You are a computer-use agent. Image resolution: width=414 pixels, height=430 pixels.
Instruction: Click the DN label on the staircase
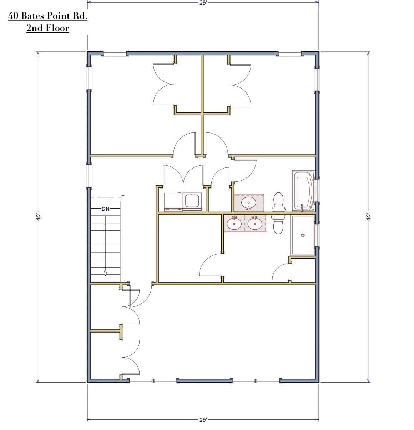click(x=106, y=209)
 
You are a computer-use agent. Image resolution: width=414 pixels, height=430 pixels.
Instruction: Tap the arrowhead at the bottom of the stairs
click(x=106, y=273)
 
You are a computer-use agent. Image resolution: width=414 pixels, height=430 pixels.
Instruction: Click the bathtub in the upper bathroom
click(x=303, y=191)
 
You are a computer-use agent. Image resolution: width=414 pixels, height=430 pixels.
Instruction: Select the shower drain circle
click(x=303, y=235)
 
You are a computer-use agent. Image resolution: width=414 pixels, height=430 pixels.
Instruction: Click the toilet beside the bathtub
click(x=278, y=202)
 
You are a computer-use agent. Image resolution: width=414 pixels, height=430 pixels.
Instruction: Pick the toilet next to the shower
click(x=278, y=224)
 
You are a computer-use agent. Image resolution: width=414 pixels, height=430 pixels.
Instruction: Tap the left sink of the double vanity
click(x=234, y=223)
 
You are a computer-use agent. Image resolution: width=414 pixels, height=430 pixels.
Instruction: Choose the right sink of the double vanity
click(x=255, y=223)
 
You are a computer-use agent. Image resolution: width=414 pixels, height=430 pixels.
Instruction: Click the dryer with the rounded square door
click(x=192, y=202)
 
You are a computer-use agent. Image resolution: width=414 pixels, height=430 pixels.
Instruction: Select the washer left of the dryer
click(x=173, y=202)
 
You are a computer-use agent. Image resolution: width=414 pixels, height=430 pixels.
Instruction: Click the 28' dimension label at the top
click(x=203, y=2)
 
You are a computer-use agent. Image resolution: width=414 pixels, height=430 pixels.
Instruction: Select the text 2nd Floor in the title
click(x=48, y=28)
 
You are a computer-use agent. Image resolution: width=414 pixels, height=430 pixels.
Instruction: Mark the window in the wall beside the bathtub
click(x=317, y=190)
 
